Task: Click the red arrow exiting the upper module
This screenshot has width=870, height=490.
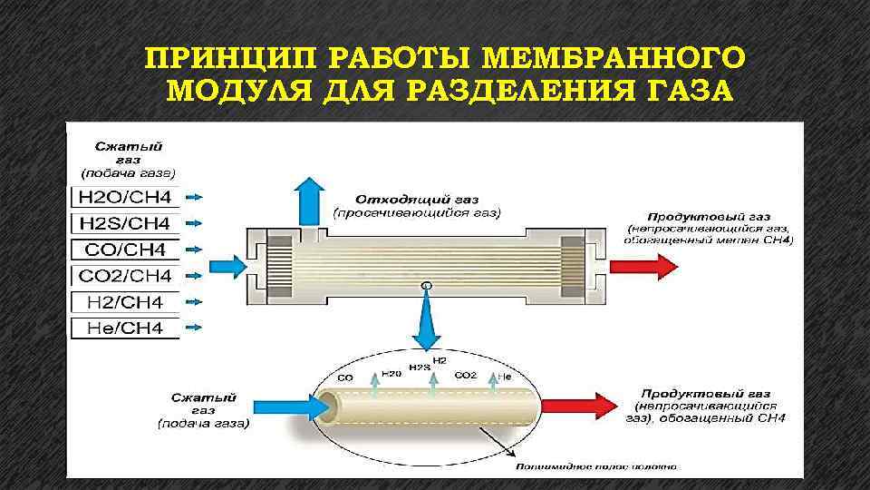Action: [x=643, y=265]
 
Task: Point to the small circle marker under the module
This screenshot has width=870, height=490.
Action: [x=427, y=287]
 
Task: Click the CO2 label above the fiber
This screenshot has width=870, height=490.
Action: [x=465, y=374]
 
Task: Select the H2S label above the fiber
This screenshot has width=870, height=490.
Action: [x=419, y=367]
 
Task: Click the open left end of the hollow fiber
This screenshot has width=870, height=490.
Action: [x=324, y=404]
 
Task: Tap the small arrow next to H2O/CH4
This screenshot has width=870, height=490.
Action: [x=198, y=197]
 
